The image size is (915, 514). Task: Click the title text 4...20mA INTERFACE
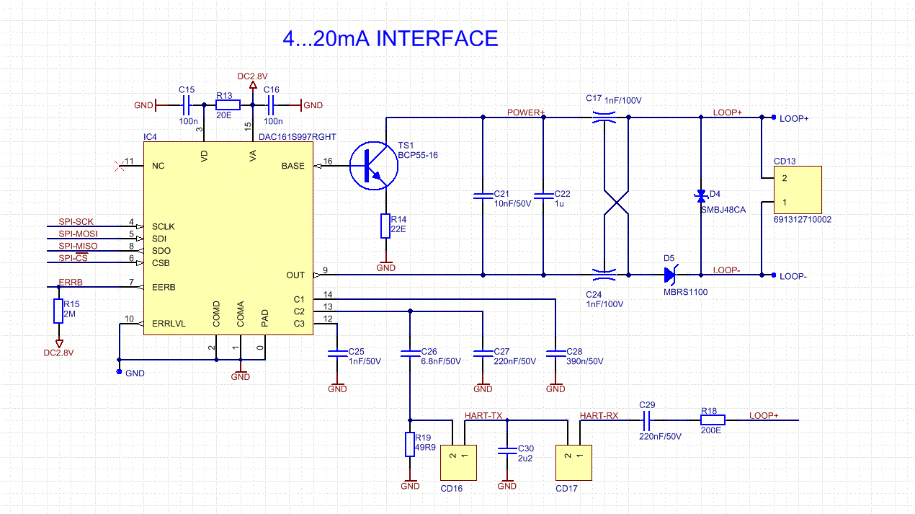390,38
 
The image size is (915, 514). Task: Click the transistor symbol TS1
373,166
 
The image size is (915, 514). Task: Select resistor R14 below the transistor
385,226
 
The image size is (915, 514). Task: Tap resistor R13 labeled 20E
228,105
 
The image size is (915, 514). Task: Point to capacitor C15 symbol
185,105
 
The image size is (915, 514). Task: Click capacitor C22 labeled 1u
544,195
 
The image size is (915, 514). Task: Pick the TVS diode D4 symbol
700,195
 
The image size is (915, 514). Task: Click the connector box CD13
798,189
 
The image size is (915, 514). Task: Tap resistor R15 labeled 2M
58,311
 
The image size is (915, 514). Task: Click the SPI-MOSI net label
78,234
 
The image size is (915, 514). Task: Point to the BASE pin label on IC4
293,166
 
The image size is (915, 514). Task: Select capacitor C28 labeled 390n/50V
555,353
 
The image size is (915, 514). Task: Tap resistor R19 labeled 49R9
409,445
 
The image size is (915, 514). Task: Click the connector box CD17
573,462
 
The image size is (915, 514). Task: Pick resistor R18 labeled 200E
713,420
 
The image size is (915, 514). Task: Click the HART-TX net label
483,416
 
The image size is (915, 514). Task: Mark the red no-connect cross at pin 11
119,166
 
